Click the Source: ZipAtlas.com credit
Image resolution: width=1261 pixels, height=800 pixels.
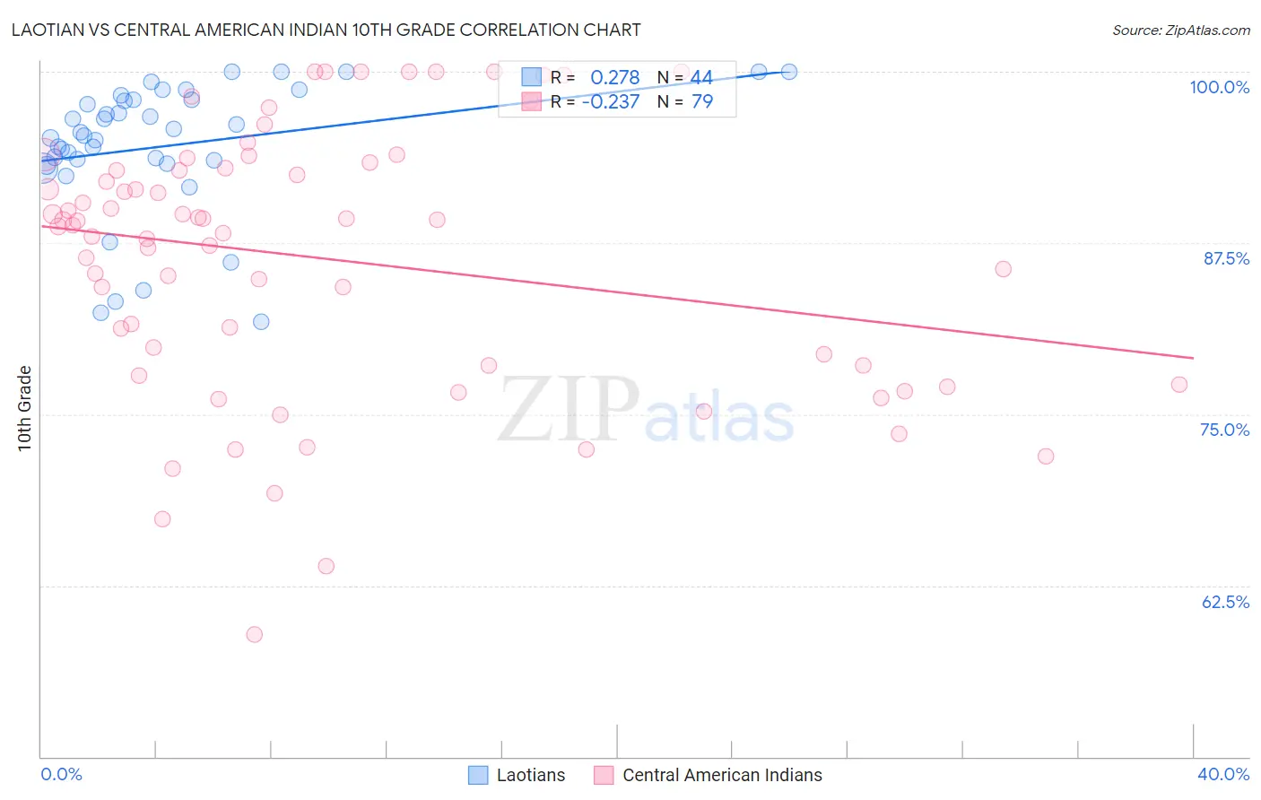1180,30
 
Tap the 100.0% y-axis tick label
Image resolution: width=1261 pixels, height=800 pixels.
1219,87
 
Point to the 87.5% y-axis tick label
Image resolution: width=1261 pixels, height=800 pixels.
1225,258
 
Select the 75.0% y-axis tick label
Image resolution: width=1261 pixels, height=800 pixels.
1224,430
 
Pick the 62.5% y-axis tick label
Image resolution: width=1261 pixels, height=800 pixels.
1225,602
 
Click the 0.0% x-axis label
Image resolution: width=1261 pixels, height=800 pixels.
61,774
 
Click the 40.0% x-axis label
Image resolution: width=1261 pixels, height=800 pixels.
1222,774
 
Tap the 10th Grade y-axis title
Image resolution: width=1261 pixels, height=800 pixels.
25,408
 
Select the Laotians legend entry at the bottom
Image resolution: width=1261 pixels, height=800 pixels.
517,775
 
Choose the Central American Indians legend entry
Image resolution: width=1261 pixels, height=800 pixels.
709,775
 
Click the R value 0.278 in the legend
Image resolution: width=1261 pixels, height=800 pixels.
614,78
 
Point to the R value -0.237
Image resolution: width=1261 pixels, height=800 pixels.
610,101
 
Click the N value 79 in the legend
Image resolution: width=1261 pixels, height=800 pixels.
701,101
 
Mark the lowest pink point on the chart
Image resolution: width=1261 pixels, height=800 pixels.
255,634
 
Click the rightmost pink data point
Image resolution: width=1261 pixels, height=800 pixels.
1179,385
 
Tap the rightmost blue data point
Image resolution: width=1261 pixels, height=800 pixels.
789,72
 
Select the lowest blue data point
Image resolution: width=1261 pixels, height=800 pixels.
261,321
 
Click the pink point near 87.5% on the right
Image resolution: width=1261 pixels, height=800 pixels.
1004,269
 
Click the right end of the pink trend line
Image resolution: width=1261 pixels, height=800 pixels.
1193,358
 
